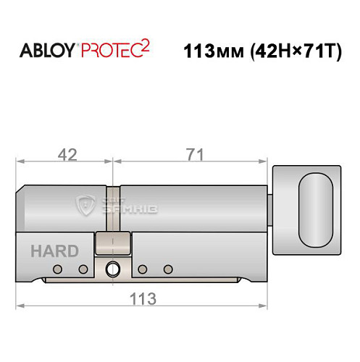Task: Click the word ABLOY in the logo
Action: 42,51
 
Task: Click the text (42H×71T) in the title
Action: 293,52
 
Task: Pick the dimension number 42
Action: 67,155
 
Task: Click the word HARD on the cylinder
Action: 54,251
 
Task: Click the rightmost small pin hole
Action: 168,269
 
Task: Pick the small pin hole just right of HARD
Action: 83,269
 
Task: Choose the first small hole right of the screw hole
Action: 142,269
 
